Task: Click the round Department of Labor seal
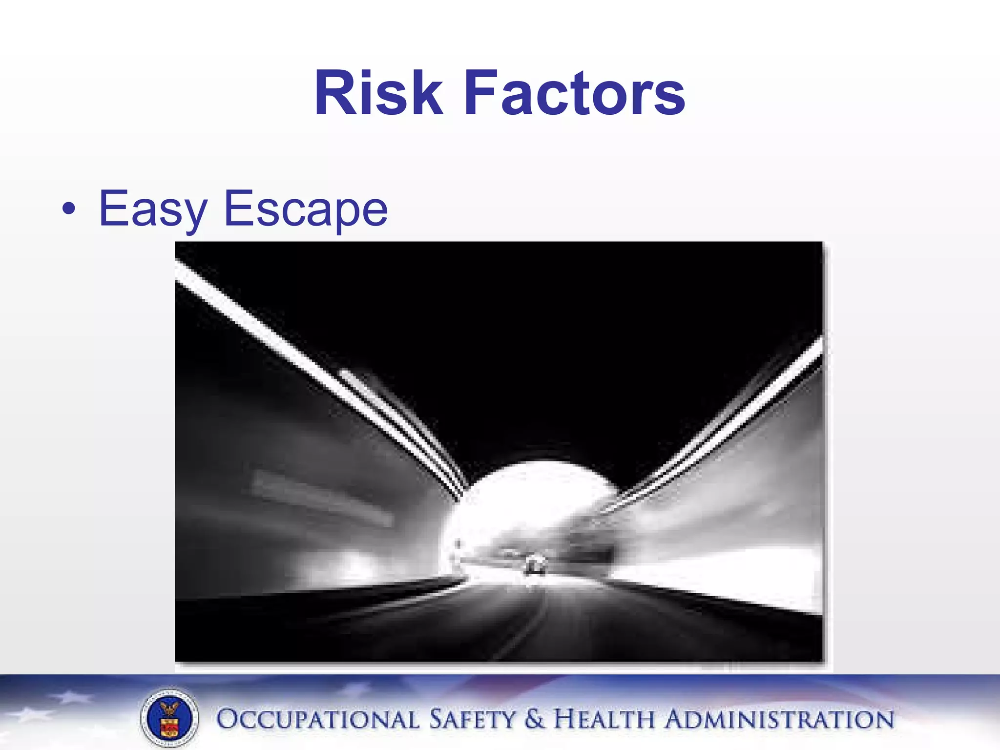(x=169, y=719)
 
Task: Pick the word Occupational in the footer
(x=317, y=720)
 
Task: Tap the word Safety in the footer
(x=472, y=720)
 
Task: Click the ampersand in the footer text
(x=535, y=720)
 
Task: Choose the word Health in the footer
(x=604, y=720)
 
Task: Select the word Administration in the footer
(x=779, y=720)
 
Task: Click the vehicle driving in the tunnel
(x=535, y=565)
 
